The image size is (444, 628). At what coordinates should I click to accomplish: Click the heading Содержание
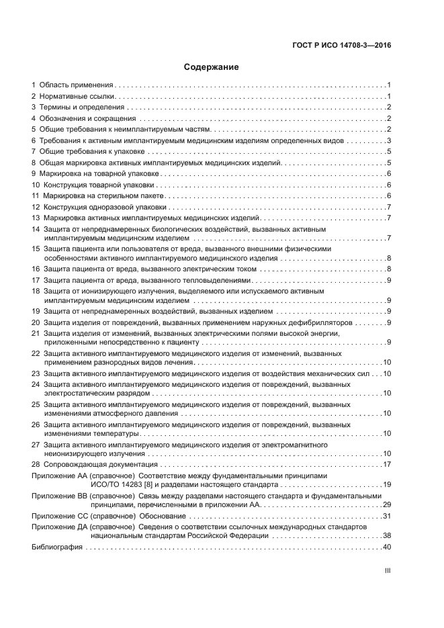[212, 68]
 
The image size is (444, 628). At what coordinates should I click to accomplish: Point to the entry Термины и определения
[82, 107]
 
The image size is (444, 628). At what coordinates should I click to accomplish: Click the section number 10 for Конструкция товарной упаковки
[36, 185]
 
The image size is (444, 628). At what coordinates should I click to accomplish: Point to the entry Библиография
[57, 547]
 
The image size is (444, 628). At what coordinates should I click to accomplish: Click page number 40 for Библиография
[387, 547]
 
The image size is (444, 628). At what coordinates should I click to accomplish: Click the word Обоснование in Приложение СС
[161, 517]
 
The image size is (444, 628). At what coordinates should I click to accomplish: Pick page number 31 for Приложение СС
[387, 517]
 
